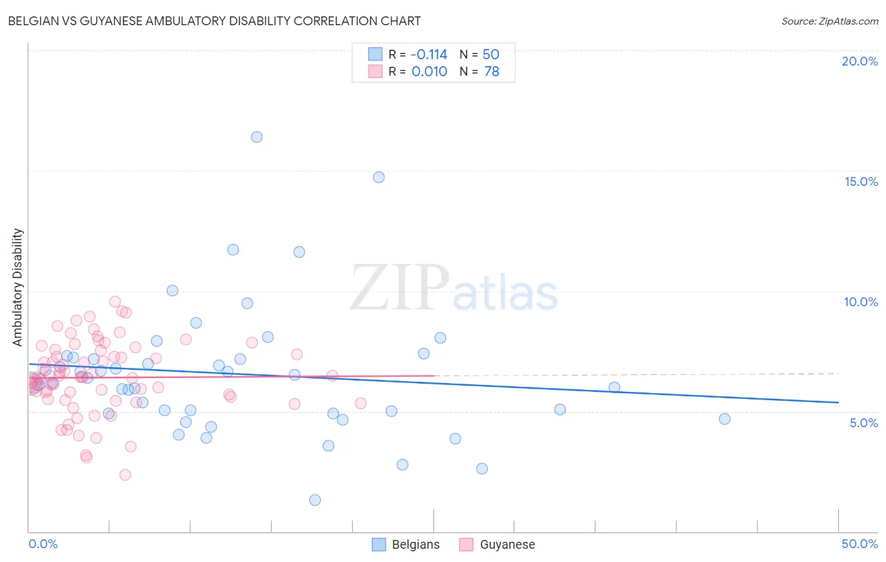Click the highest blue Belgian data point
256,137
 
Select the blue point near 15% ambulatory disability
379,177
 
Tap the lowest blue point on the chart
315,500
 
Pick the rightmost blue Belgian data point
725,419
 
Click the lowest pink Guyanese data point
125,475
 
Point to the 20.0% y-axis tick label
860,61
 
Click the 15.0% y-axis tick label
861,181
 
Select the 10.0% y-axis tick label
861,302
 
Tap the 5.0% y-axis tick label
863,423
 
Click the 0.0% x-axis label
43,544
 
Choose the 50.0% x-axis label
860,544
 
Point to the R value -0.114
429,54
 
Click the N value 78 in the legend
492,72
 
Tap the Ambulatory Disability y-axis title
18,287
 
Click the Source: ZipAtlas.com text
829,21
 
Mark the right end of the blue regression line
838,402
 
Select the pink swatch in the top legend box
375,71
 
